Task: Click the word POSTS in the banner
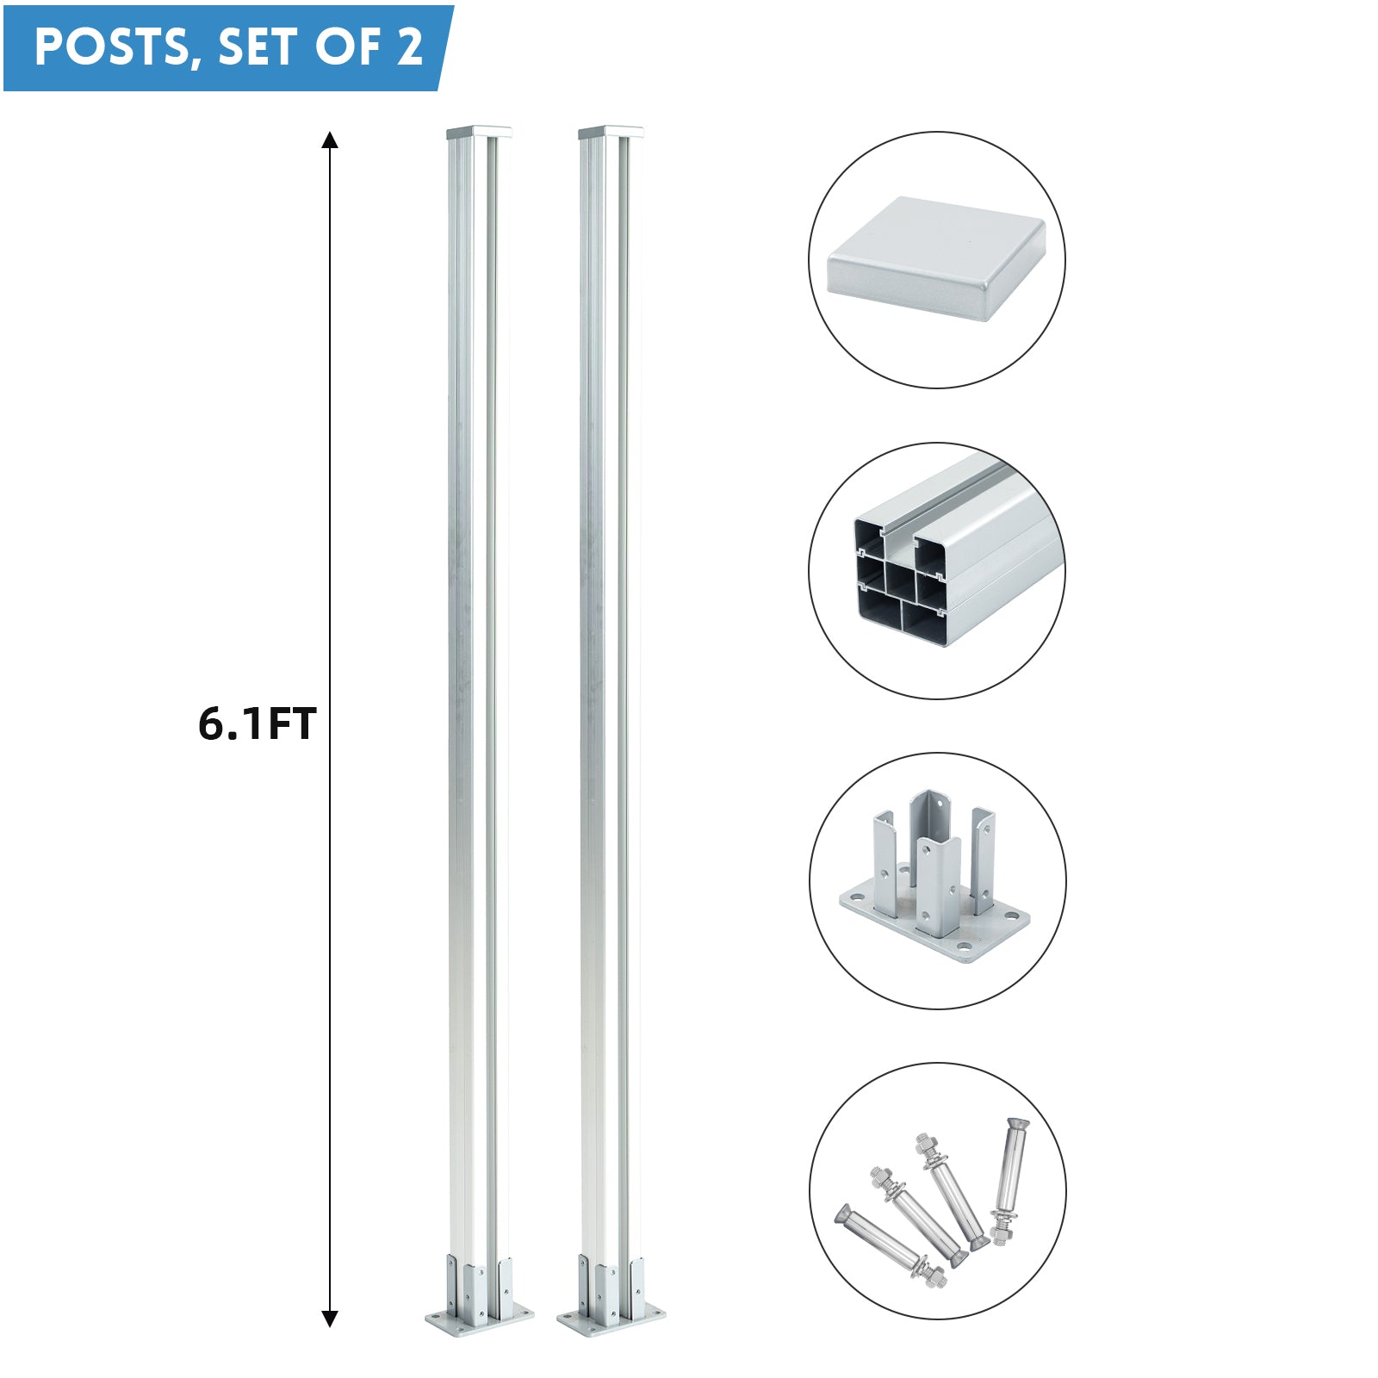pyautogui.click(x=112, y=48)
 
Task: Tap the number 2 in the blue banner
pyautogui.click(x=409, y=47)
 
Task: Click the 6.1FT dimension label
pyautogui.click(x=258, y=723)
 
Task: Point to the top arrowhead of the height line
pyautogui.click(x=330, y=140)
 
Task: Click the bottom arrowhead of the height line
pyautogui.click(x=330, y=1318)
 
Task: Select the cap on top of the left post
pyautogui.click(x=479, y=133)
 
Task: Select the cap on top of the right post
pyautogui.click(x=611, y=133)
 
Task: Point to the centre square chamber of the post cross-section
pyautogui.click(x=900, y=580)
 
